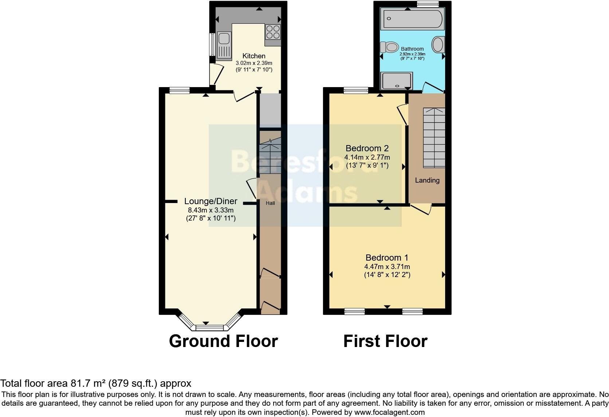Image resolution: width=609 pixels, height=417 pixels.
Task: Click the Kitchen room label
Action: point(254,56)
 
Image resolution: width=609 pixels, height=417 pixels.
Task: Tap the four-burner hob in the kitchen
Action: point(273,32)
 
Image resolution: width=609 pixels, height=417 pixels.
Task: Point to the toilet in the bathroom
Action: point(389,47)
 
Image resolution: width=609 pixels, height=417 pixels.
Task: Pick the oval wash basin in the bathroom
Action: point(438,45)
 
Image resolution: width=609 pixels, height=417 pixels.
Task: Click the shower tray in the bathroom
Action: point(396,81)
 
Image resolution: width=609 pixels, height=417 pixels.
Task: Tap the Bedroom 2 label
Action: point(367,148)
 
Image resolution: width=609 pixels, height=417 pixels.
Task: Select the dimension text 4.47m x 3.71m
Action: point(387,267)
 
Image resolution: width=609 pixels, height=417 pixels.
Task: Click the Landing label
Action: point(427,180)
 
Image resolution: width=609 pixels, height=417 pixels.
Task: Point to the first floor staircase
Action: point(434,137)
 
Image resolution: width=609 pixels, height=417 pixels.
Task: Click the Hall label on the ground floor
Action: point(270,203)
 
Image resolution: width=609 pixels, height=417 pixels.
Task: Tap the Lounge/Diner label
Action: point(211,201)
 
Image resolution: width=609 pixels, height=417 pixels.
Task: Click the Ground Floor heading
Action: point(223,341)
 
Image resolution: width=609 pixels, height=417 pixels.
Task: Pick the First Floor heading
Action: point(385,341)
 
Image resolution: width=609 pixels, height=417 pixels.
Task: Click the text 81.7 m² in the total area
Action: point(86,383)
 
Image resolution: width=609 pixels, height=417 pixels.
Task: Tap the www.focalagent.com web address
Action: point(389,413)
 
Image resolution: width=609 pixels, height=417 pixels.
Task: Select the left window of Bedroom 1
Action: point(354,311)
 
